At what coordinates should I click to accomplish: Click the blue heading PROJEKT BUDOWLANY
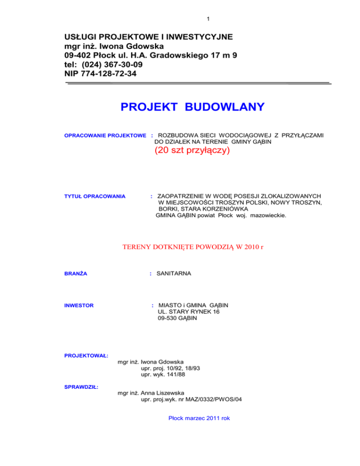[192, 108]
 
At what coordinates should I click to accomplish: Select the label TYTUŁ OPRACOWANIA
[95, 196]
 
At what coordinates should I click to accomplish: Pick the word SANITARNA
[172, 272]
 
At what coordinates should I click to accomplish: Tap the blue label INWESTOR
[78, 306]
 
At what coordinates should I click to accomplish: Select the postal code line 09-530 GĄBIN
[178, 319]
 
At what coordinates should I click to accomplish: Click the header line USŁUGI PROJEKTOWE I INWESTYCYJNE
[148, 36]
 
